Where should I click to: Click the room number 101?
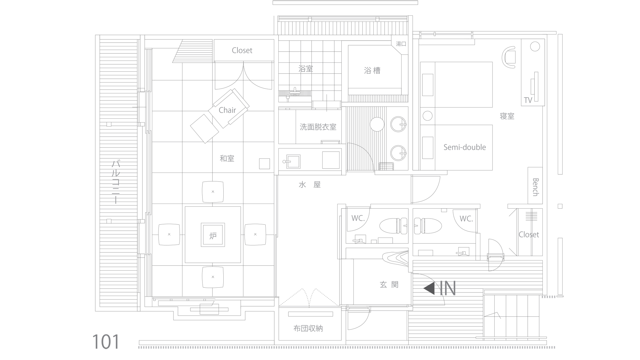point(106,341)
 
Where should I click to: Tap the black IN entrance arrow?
point(429,289)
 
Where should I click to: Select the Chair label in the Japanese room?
point(227,110)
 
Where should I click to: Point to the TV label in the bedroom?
point(528,100)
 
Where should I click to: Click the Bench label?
point(535,187)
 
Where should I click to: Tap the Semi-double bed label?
point(465,147)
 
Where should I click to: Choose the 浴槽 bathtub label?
point(372,70)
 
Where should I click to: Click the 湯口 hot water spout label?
point(401,44)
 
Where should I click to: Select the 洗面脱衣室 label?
point(318,127)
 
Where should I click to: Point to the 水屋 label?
point(309,185)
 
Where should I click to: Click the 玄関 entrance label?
point(389,284)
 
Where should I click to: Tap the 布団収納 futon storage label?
point(308,328)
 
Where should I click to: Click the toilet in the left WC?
point(393,226)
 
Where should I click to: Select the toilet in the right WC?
point(428,226)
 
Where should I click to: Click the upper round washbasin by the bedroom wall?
point(399,124)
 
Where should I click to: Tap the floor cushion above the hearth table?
point(213,192)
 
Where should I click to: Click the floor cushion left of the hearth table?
point(169,235)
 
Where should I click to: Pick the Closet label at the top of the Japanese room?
point(242,51)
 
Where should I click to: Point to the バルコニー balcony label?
point(116,182)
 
